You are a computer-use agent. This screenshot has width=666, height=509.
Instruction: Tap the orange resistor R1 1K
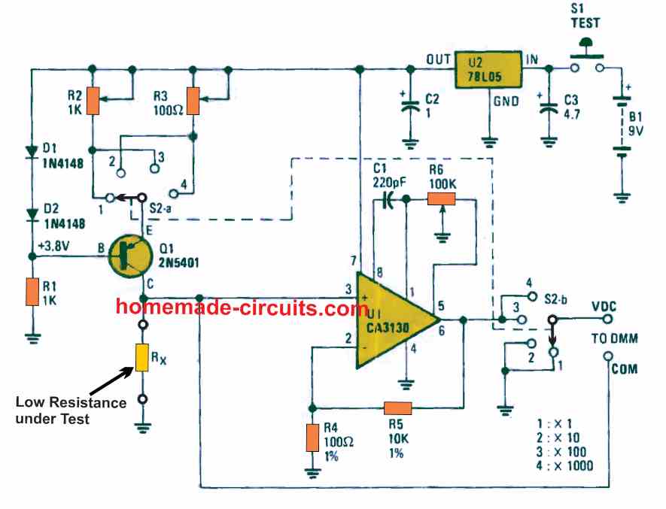click(x=32, y=292)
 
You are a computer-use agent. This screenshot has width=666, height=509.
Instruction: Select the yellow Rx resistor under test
click(x=141, y=358)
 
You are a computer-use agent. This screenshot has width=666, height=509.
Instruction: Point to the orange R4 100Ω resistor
click(x=311, y=438)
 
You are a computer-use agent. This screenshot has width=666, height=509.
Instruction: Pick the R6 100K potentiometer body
click(x=442, y=199)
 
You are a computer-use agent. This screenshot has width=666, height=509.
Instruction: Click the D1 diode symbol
click(x=32, y=150)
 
